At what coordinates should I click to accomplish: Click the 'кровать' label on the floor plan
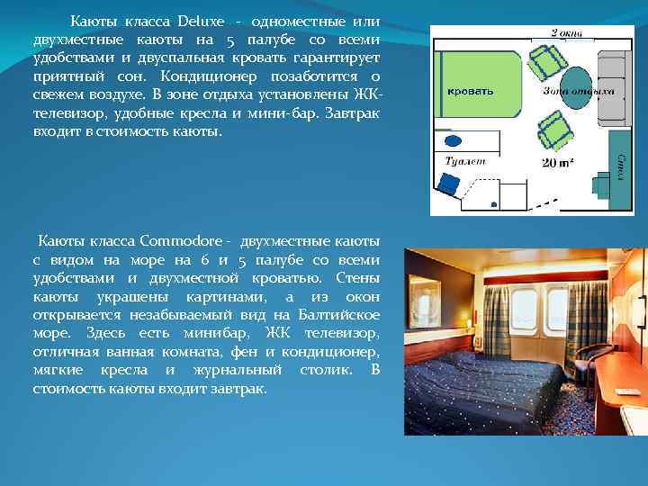[470, 91]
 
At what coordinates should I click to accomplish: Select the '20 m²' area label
[558, 163]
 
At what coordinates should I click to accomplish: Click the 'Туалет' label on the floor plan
[465, 160]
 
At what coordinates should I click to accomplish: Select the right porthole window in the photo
[557, 308]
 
